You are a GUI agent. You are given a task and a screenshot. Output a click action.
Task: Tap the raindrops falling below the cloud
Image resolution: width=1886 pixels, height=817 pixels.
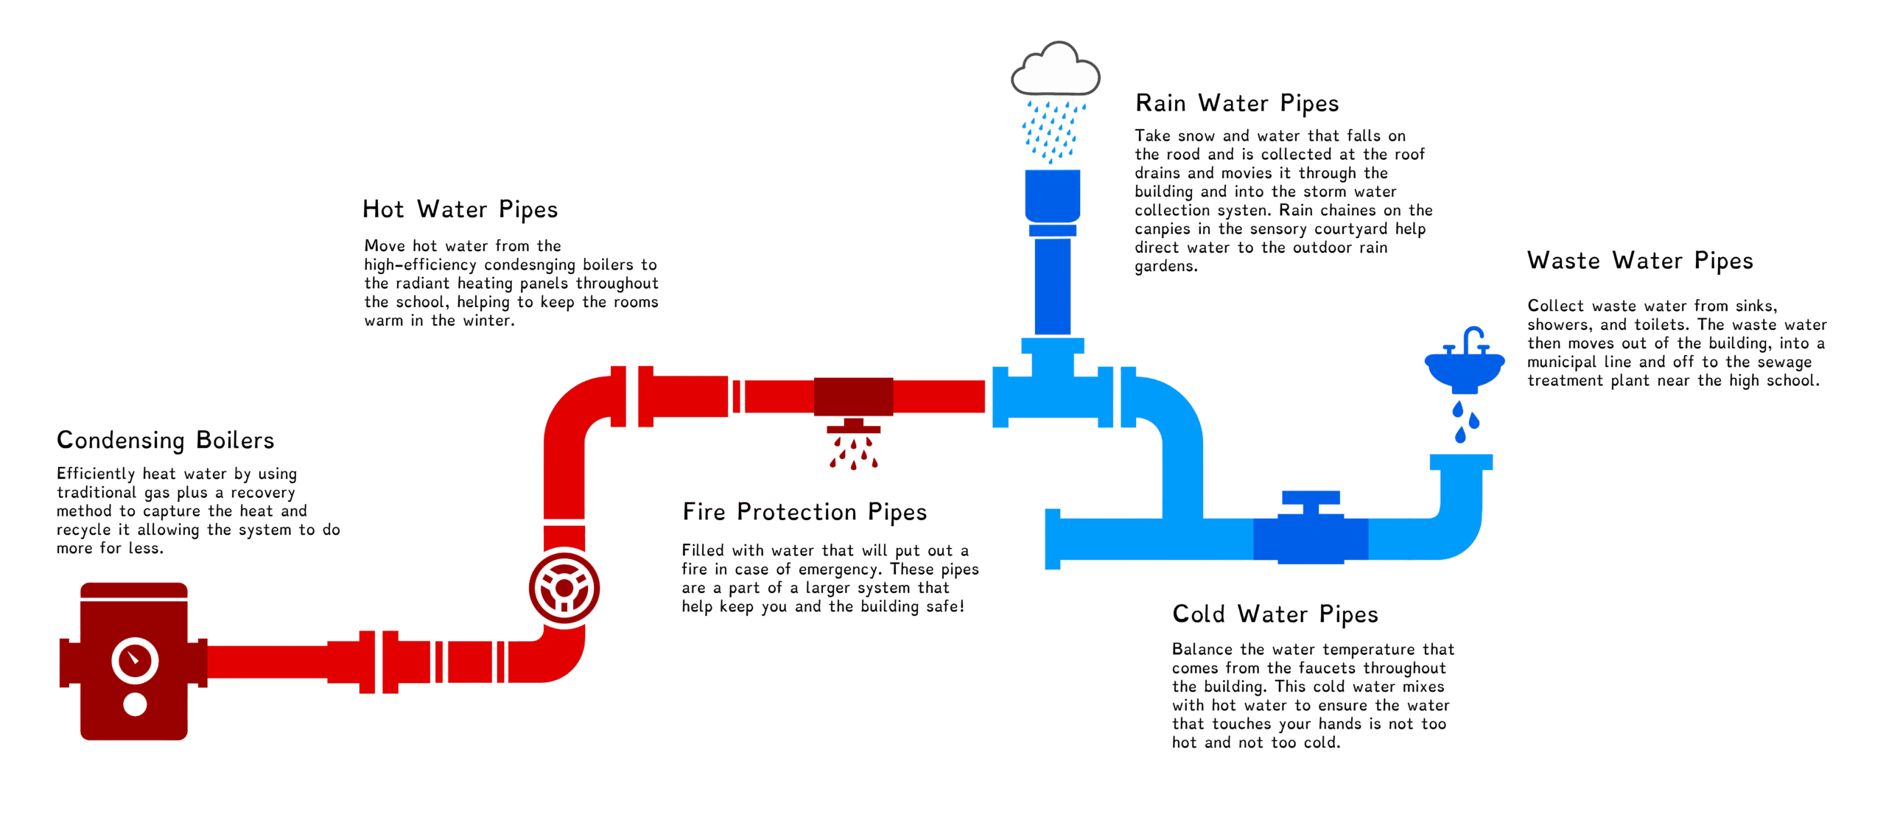[1052, 131]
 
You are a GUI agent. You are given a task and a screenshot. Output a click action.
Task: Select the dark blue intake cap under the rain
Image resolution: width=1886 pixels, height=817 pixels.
[1053, 195]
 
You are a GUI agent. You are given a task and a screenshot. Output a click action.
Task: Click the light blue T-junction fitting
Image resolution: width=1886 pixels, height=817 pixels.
[1052, 390]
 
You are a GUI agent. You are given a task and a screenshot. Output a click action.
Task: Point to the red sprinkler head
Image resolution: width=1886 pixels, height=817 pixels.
[853, 427]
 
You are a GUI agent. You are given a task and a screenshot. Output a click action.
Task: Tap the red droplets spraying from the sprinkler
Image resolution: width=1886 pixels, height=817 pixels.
[853, 453]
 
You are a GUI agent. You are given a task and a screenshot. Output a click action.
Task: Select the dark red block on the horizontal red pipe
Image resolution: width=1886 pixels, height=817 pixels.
[853, 396]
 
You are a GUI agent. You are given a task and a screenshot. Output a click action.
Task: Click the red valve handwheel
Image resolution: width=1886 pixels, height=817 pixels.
[564, 587]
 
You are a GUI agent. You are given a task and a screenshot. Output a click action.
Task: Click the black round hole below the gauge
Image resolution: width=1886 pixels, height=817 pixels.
[135, 705]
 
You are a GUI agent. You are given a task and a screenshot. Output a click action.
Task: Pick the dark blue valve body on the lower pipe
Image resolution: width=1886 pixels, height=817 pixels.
[1311, 539]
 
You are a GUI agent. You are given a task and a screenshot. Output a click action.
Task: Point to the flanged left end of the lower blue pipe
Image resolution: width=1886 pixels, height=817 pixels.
[1054, 539]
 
